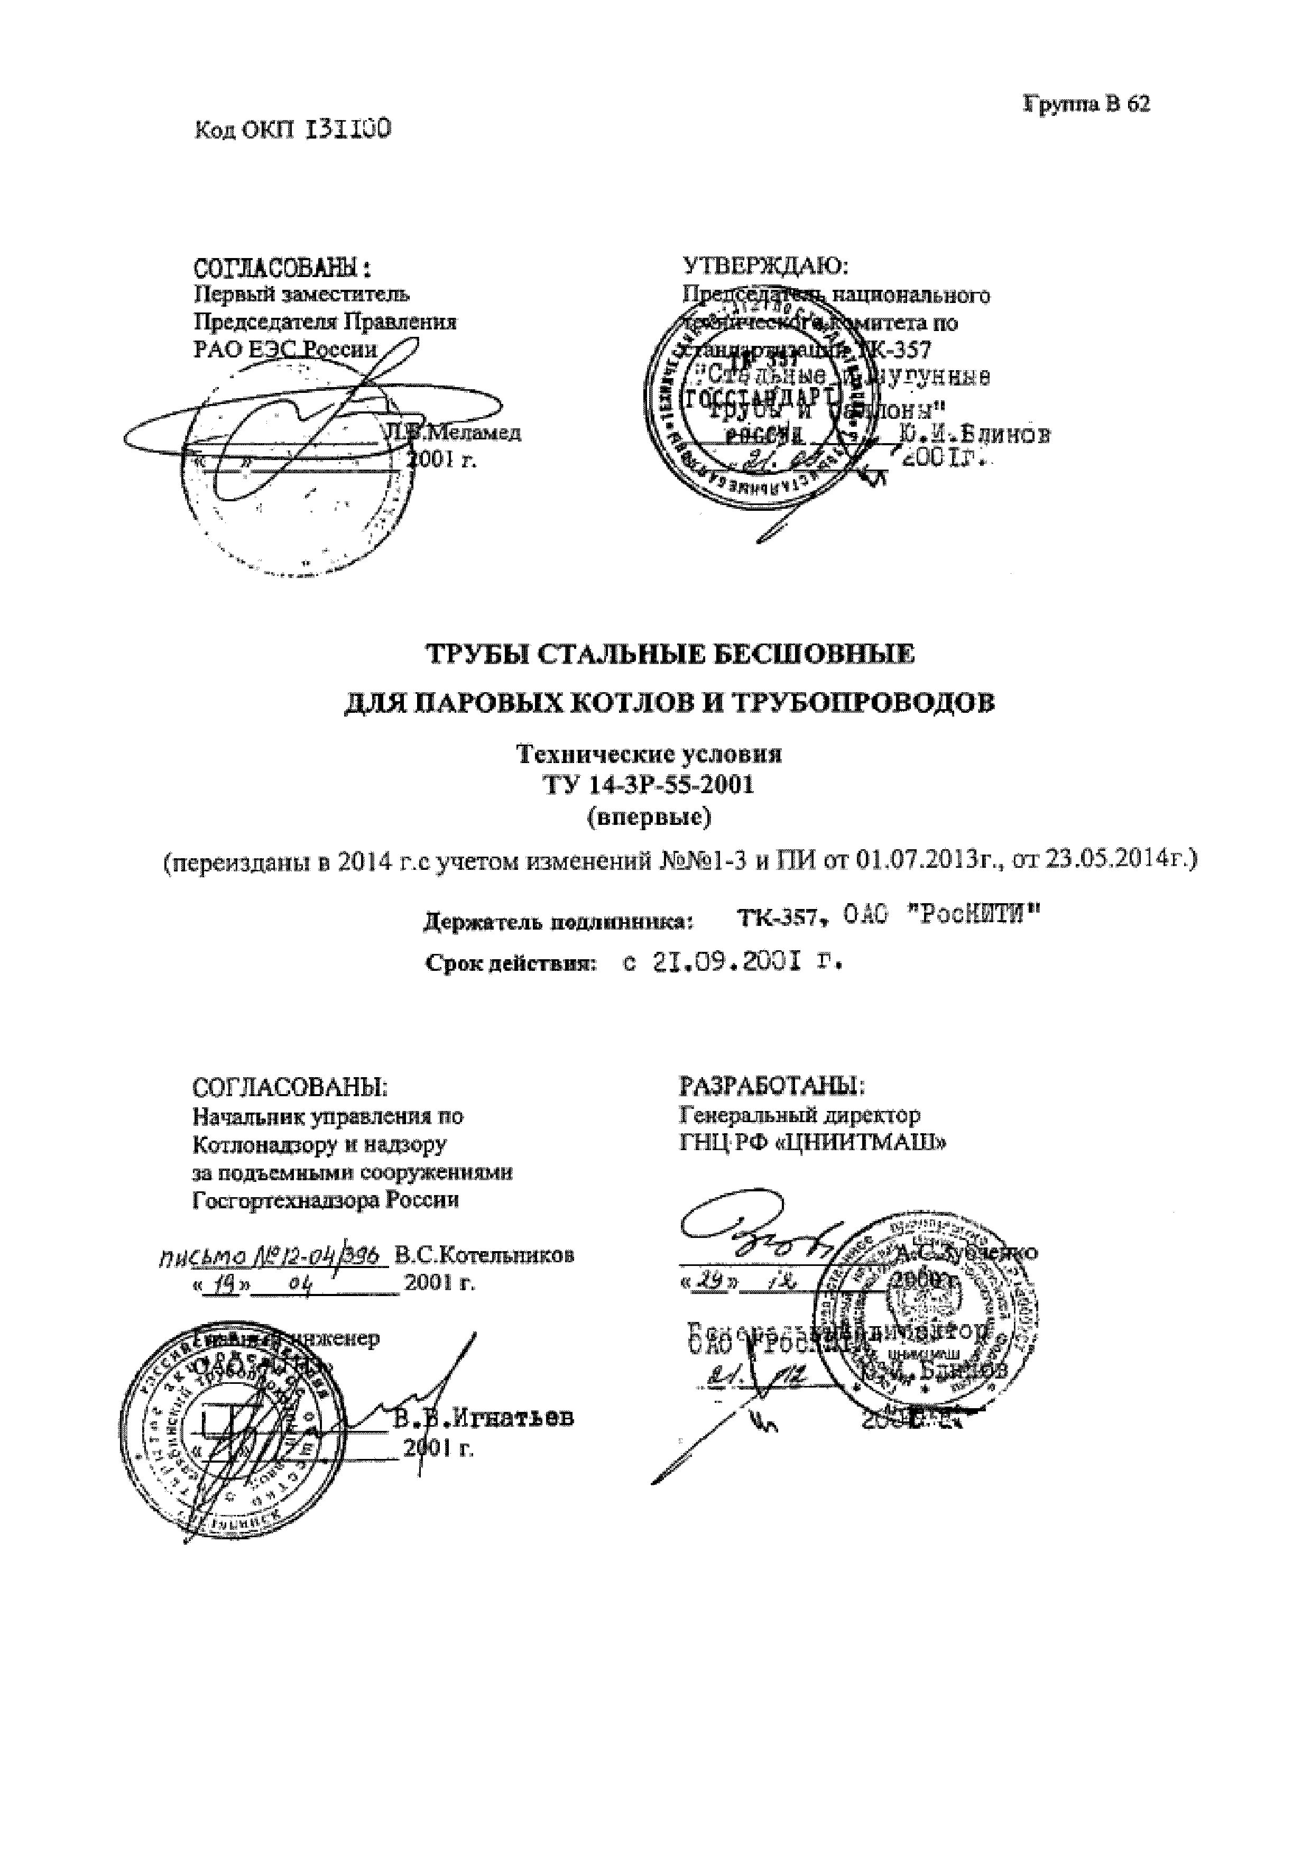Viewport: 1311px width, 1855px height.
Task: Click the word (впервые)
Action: [x=649, y=817]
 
